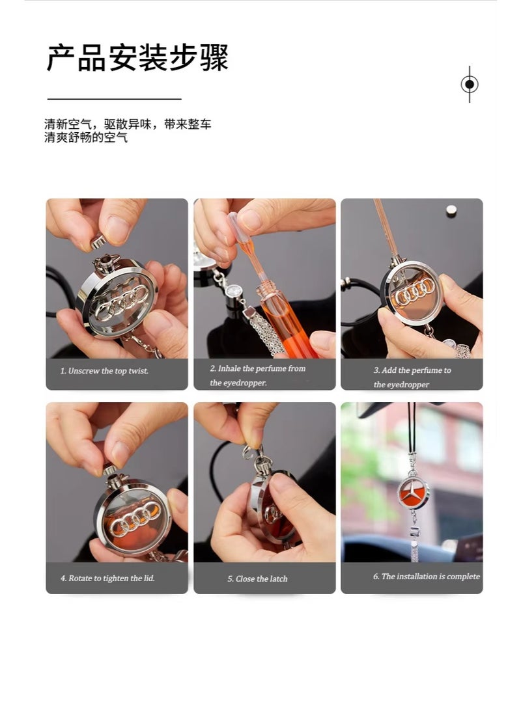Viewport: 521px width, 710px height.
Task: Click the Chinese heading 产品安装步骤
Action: [x=137, y=57]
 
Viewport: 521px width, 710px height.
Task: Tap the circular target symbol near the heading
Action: [x=470, y=84]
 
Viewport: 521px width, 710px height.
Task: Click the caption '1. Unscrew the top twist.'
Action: [x=105, y=371]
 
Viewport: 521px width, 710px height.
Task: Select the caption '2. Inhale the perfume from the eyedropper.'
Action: [x=257, y=375]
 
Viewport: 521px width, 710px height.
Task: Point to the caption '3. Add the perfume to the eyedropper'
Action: [x=412, y=377]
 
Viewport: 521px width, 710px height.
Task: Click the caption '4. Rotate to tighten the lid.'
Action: [x=107, y=578]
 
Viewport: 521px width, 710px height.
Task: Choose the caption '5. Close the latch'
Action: [x=257, y=579]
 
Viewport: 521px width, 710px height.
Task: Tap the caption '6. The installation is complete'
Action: [x=426, y=577]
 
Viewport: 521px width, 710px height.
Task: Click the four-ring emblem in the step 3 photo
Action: [x=415, y=297]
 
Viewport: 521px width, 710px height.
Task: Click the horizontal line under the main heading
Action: [x=114, y=99]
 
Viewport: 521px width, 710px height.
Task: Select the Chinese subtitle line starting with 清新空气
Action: [x=128, y=124]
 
